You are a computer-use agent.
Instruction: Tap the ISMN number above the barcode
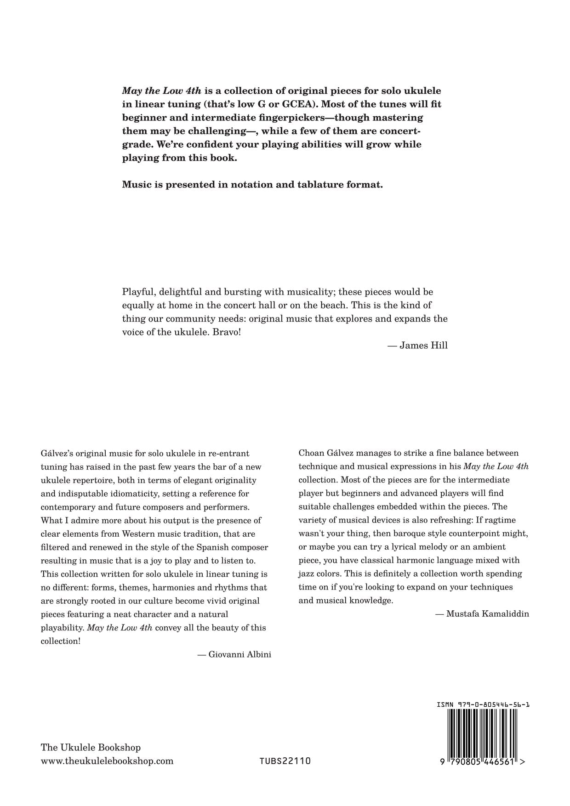tap(483, 704)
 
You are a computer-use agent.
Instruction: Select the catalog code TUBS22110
tap(285, 761)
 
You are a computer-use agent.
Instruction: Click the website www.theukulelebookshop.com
tap(107, 761)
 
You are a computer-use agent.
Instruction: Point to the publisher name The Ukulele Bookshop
tap(91, 748)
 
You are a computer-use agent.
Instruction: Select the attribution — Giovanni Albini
tap(234, 654)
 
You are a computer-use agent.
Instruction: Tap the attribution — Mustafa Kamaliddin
tap(482, 614)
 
